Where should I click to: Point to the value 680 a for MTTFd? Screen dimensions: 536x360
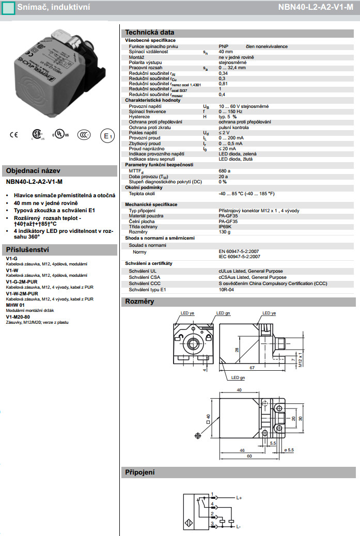coord(225,170)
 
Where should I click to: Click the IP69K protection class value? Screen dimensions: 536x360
coord(226,227)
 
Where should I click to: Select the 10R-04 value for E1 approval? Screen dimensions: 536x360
coord(226,290)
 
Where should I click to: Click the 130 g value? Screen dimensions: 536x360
coord(225,232)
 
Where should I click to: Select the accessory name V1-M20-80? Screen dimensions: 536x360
coord(18,317)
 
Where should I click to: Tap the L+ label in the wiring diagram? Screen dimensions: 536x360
coord(239,498)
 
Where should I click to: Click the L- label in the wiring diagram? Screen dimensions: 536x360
coord(239,527)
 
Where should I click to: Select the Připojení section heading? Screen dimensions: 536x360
coord(140,472)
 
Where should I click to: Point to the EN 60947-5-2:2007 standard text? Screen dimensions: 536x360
coord(239,251)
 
